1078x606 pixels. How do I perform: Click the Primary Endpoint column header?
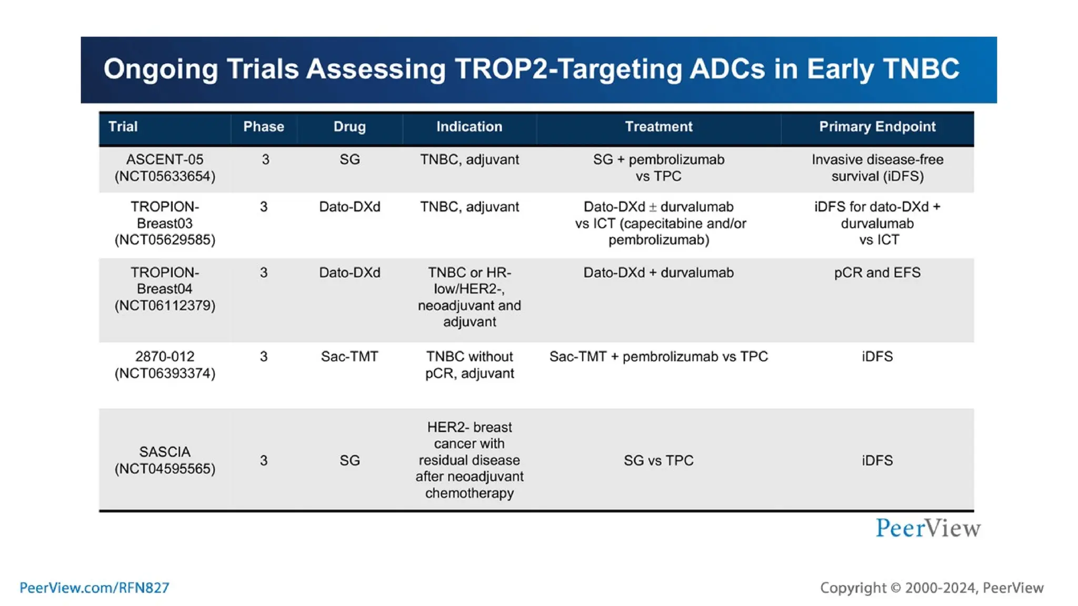point(877,127)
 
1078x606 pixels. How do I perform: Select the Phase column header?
point(263,127)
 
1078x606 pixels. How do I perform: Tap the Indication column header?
point(469,127)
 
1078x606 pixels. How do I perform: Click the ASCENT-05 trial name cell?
point(165,168)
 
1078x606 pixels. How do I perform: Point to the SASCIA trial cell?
point(165,460)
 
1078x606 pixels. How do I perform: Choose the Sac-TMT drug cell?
point(350,357)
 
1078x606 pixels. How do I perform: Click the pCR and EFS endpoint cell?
point(877,272)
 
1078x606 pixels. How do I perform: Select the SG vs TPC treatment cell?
point(658,461)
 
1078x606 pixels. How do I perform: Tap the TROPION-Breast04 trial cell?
point(165,289)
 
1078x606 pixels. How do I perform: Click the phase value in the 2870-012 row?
point(264,357)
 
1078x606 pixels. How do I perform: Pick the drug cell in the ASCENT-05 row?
point(350,159)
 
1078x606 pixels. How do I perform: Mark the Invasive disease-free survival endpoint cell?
point(877,168)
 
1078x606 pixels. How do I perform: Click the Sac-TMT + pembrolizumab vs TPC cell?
point(658,357)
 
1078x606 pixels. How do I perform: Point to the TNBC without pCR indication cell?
point(469,365)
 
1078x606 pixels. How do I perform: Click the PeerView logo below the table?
point(928,528)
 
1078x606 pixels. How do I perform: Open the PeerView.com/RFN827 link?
point(94,588)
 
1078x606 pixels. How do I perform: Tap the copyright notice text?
point(932,588)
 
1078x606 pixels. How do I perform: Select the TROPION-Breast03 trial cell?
point(165,223)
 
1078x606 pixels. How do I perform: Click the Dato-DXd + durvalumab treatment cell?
point(658,272)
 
